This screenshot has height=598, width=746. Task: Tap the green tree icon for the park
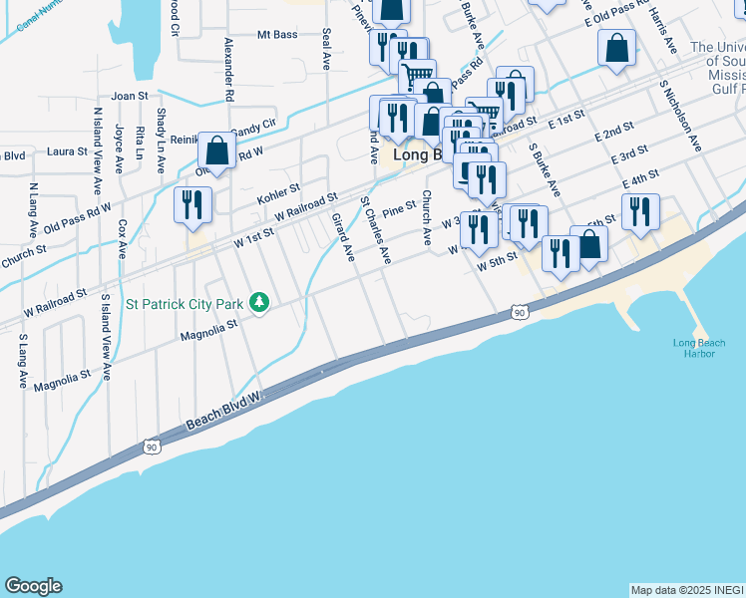click(x=259, y=301)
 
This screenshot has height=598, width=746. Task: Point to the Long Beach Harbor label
click(x=699, y=349)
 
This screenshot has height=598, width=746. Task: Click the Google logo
click(x=33, y=586)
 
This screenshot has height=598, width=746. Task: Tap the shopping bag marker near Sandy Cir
click(x=216, y=151)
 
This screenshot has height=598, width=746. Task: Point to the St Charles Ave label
click(x=376, y=230)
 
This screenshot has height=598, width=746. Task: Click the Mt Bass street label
click(x=277, y=35)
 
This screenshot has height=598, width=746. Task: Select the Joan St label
click(x=130, y=97)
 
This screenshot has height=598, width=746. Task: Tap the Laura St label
click(x=67, y=152)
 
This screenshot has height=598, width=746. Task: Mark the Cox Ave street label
click(x=122, y=239)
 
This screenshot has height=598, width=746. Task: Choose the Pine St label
click(x=398, y=208)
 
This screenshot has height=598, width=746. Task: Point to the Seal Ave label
click(x=326, y=48)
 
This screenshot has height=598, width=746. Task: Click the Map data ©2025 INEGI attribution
click(x=686, y=590)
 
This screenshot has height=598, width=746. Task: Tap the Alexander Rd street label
click(x=228, y=70)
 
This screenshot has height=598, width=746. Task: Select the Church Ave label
click(x=426, y=217)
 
